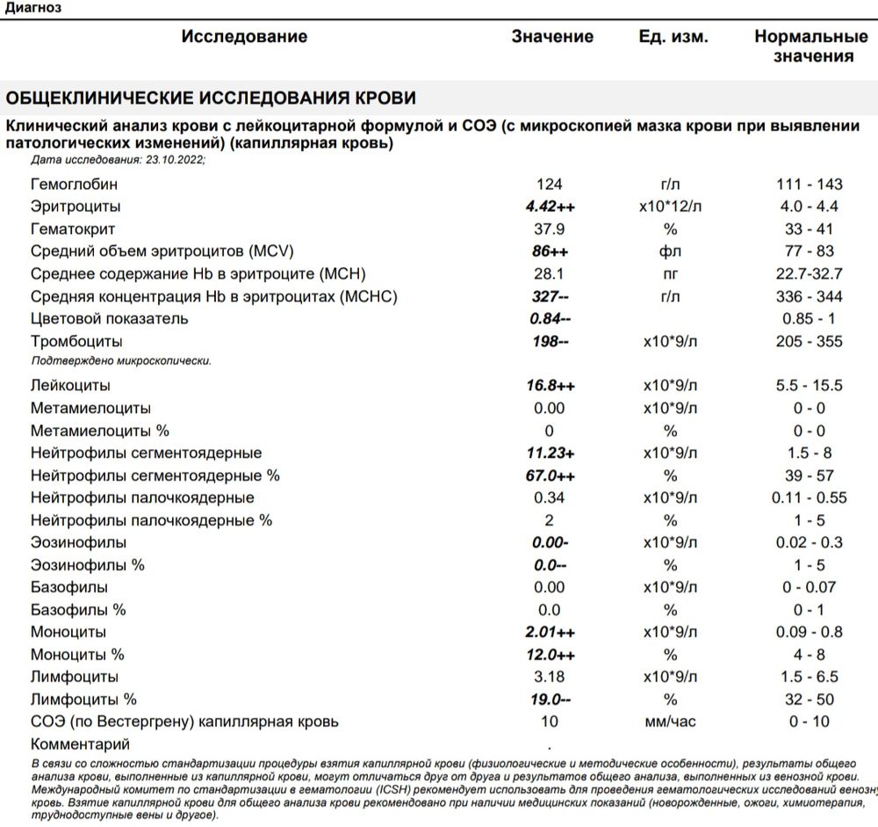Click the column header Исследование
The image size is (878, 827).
pos(244,37)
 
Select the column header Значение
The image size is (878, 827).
pos(552,37)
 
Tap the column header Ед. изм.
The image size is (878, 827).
pos(673,37)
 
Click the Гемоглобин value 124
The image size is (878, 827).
pos(549,185)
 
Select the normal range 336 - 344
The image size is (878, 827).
pos(809,296)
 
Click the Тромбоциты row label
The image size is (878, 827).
pos(76,341)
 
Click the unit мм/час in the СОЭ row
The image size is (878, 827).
pos(670,722)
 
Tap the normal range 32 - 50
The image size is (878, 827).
pos(809,700)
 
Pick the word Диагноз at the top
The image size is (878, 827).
pos(33,7)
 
